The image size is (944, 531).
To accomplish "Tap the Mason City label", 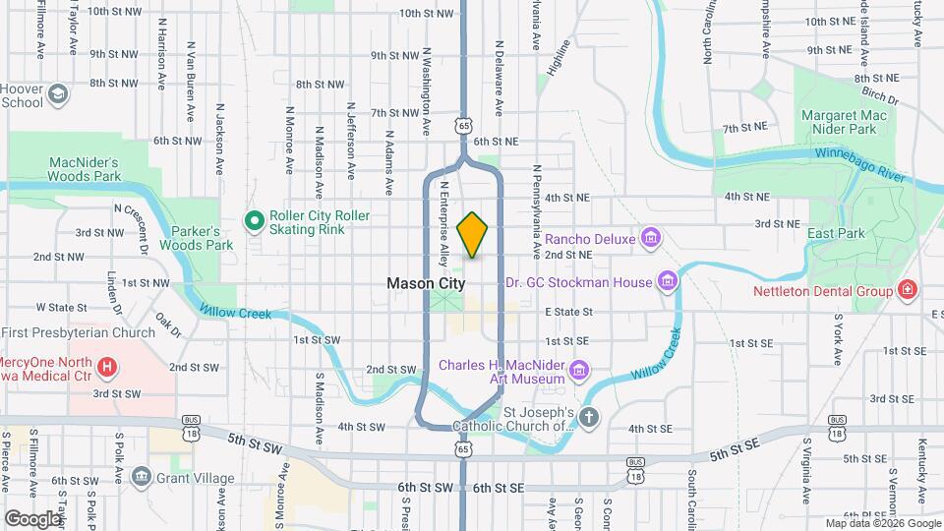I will point(426,282).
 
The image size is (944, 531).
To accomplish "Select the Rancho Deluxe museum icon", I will point(649,237).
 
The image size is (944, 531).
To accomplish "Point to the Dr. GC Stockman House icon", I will point(668,282).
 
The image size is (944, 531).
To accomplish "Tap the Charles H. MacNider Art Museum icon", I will point(580,370).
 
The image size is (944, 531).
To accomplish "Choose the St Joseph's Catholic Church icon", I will point(588,418).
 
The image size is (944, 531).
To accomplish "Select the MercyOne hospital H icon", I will point(108,370).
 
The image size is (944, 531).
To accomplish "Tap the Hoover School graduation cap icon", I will point(58,93).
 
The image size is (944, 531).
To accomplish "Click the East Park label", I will point(835,233).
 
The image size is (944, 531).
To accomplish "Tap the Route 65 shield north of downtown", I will point(462,125).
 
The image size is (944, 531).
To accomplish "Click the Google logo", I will point(33,518).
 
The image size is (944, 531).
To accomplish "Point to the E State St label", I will point(568,311).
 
